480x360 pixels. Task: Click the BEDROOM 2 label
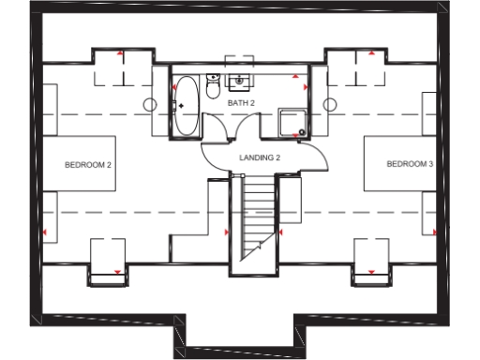88,165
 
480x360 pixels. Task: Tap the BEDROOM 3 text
410,165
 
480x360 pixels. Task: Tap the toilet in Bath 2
213,88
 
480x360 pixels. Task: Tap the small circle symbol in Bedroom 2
149,102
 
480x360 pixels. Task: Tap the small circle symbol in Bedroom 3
329,102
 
